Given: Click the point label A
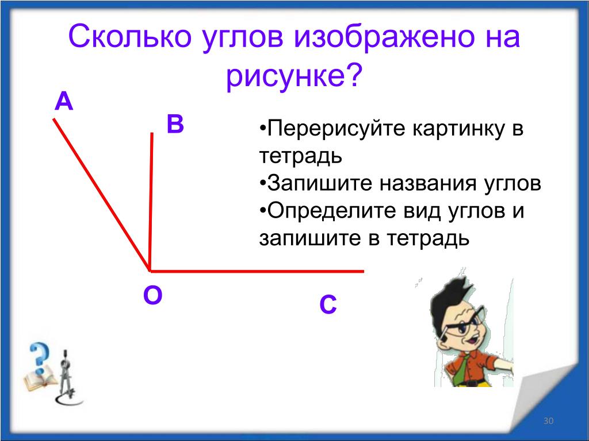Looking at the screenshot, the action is [64, 102].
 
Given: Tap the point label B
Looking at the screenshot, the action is [175, 124].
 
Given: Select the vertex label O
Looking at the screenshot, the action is [153, 295].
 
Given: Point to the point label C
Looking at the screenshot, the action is [328, 304].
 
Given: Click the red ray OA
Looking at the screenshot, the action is [102, 195].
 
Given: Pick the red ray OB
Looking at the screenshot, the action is [151, 202].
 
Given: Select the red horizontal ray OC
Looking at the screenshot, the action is [257, 271].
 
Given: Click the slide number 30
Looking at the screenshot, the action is [548, 421].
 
